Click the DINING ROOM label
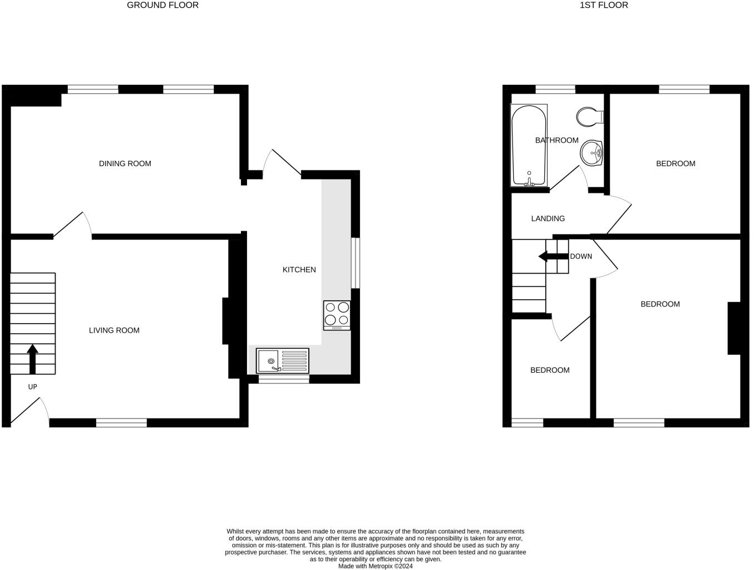click(x=125, y=163)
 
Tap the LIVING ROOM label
click(x=114, y=330)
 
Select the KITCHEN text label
click(x=299, y=270)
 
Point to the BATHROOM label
click(x=556, y=140)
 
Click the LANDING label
click(x=548, y=218)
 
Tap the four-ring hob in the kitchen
click(x=337, y=315)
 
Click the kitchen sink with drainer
click(x=282, y=360)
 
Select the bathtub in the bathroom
click(x=529, y=145)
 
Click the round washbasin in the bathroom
click(x=592, y=152)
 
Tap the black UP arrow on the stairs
click(x=32, y=359)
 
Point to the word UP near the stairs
click(x=32, y=387)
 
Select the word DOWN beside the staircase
click(x=581, y=256)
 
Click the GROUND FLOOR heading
click(x=162, y=5)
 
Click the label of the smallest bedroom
click(x=550, y=370)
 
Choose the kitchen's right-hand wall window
click(x=355, y=263)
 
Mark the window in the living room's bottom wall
click(x=121, y=423)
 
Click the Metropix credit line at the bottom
click(x=376, y=566)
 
